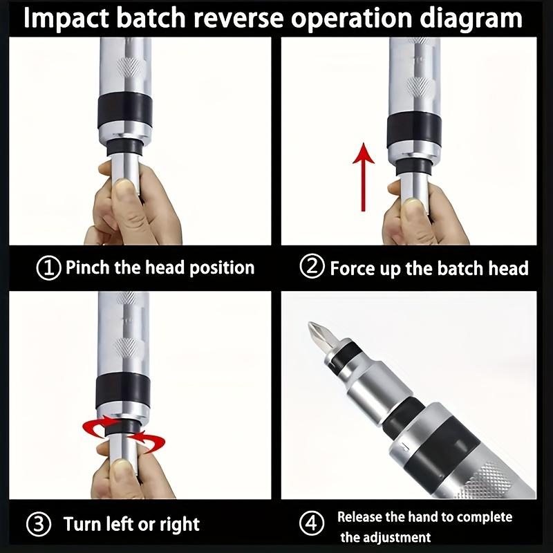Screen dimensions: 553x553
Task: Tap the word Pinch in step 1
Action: tap(87, 268)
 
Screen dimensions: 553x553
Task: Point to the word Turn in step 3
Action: tap(83, 523)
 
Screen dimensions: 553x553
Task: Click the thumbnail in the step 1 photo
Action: tap(125, 185)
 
